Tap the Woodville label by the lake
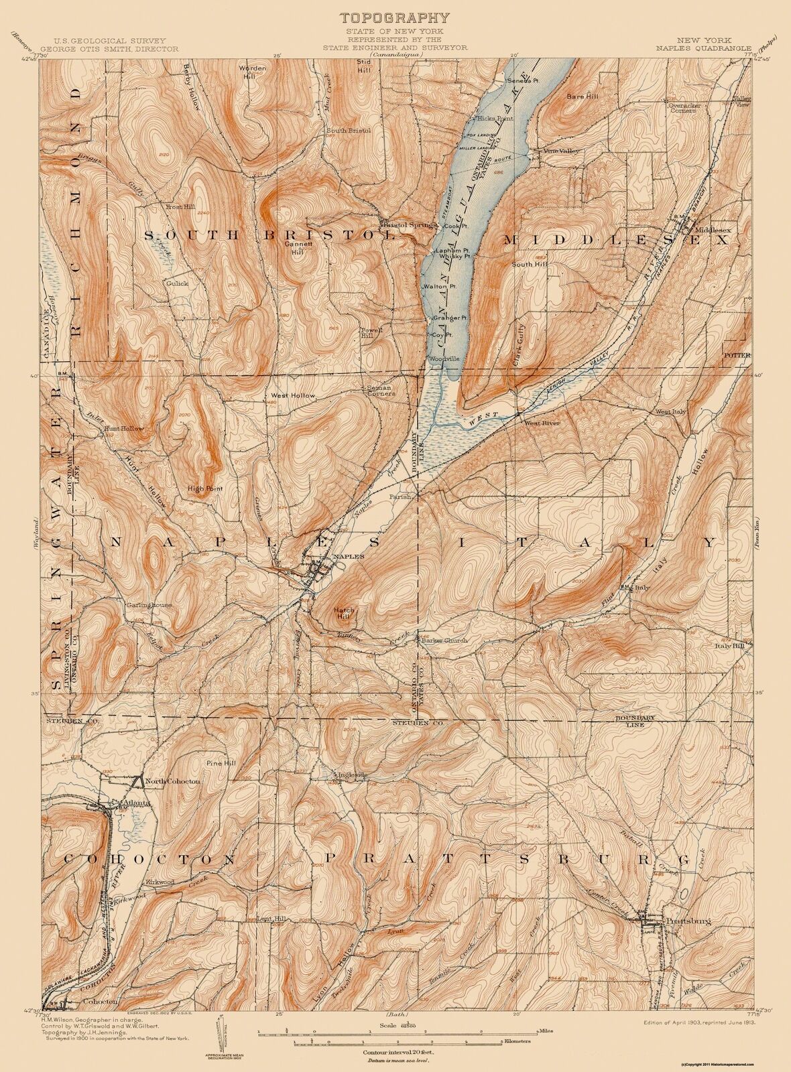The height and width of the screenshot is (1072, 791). click(444, 359)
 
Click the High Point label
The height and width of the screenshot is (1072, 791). click(204, 488)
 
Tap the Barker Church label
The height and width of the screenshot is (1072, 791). click(444, 640)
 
